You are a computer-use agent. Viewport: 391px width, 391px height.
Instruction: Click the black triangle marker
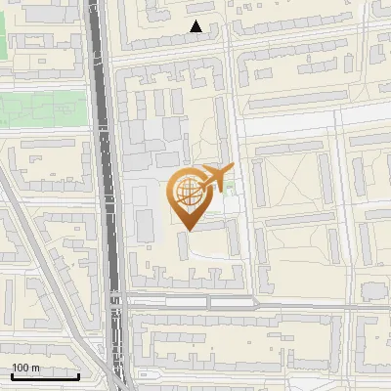(x=196, y=27)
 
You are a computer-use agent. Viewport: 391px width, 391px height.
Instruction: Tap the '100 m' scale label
(x=25, y=368)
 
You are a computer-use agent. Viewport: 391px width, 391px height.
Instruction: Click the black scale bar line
(x=45, y=376)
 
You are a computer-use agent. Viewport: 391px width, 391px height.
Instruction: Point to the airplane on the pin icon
(x=215, y=178)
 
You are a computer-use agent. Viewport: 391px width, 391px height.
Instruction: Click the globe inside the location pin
(x=187, y=194)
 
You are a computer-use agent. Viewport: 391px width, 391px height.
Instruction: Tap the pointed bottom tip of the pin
(x=188, y=230)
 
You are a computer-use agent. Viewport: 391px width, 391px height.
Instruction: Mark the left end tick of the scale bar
(x=11, y=374)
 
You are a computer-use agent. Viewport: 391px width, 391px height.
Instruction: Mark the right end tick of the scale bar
(x=78, y=374)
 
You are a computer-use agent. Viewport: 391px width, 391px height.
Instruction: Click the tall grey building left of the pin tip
(x=145, y=226)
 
